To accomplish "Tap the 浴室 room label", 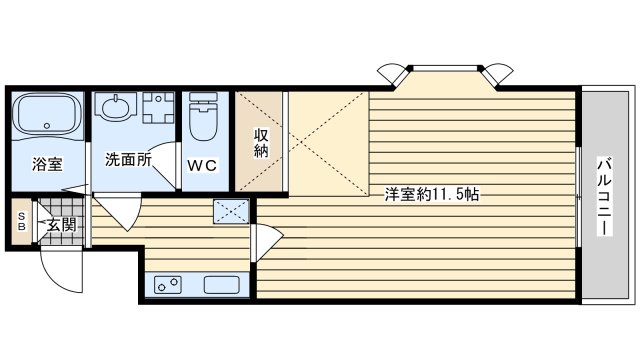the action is point(47,164).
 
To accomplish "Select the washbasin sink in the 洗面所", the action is point(115,107).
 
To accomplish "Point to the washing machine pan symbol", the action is point(158,108).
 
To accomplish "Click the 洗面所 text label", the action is point(128,160).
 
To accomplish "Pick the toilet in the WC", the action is point(203,117).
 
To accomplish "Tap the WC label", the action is point(202,165).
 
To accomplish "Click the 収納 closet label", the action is point(261,143).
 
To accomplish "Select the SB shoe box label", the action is point(22,221).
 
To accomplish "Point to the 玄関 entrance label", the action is point(62,224).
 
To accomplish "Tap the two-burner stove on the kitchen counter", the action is point(168,284).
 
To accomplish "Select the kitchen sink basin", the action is point(222,285).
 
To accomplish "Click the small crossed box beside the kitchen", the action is point(231,211).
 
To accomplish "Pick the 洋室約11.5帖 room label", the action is point(432,195).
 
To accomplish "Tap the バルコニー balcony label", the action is point(605,196).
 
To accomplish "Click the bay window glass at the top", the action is point(445,68).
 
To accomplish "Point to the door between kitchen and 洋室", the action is point(267,243).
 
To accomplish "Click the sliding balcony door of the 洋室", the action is point(578,196).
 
